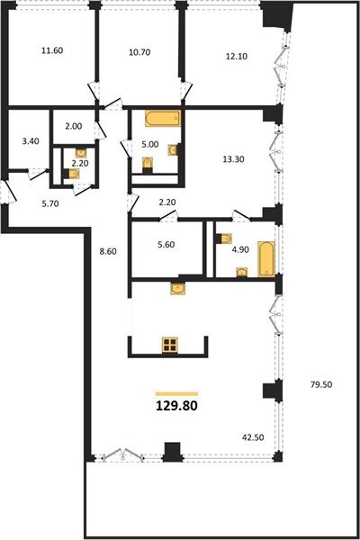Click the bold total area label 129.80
176,406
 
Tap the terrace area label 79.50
321,384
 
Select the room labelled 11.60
52,50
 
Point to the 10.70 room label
139,52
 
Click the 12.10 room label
237,56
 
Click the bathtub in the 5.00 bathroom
163,119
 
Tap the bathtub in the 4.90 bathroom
266,259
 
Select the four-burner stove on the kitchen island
170,346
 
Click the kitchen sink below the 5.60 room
178,288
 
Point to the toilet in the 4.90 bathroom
223,238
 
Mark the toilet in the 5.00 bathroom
148,164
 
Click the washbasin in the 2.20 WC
81,153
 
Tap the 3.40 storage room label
31,141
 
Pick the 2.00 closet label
74,126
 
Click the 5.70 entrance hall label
50,204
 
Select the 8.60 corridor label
108,252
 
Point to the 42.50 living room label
253,437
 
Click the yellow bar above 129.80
176,393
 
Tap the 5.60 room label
166,245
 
